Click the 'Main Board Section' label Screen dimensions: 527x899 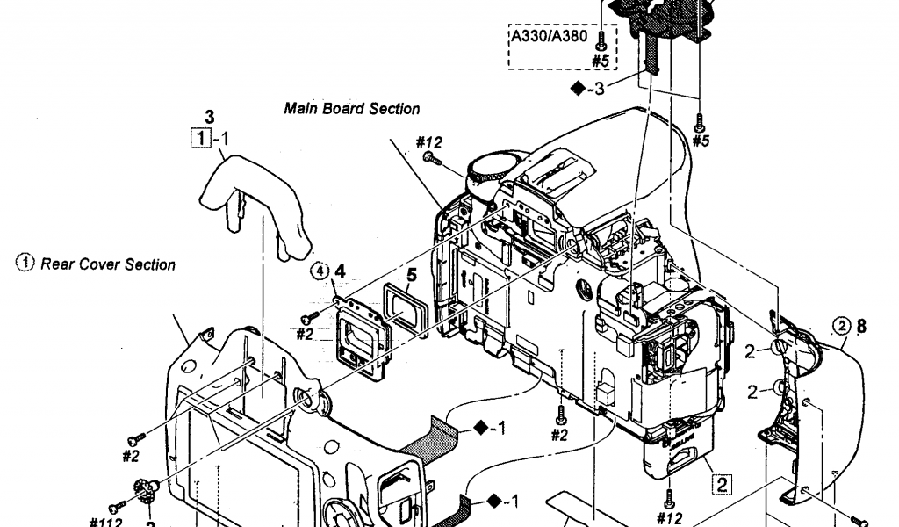[x=351, y=109]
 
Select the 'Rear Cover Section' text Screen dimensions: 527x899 [x=108, y=263]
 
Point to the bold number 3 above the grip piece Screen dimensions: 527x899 [x=208, y=116]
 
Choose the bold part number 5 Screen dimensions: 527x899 [x=411, y=275]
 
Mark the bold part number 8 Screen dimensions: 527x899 [x=861, y=327]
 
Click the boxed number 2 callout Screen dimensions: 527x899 [x=721, y=482]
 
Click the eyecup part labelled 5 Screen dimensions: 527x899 [x=403, y=311]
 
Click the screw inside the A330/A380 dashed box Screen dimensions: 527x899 [x=601, y=40]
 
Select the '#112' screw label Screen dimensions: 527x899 [x=105, y=521]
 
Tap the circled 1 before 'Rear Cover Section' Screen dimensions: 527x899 [x=26, y=263]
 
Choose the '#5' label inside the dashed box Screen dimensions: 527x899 [x=601, y=61]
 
